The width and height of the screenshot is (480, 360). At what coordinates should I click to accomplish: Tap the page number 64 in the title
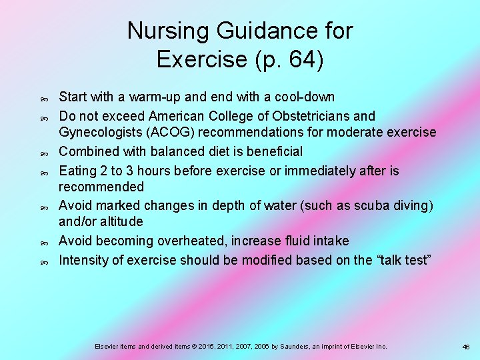tap(299, 59)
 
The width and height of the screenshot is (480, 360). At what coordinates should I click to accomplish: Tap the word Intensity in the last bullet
tap(83, 260)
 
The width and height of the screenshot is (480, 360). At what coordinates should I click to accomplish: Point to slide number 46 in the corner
tap(466, 347)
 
